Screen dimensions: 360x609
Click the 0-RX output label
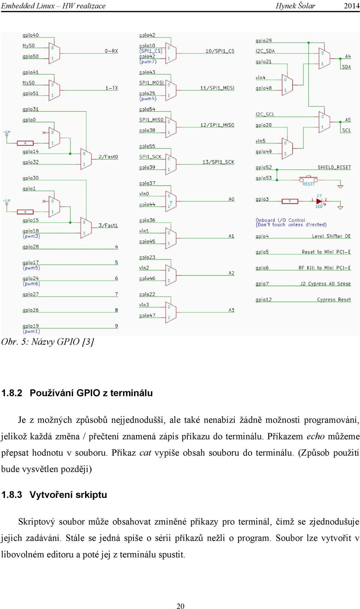[111, 51]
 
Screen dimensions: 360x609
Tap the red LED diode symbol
[319, 201]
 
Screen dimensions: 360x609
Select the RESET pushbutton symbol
[308, 179]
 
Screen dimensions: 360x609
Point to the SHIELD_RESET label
[334, 167]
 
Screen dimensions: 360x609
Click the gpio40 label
[30, 35]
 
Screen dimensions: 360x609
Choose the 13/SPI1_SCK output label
[218, 162]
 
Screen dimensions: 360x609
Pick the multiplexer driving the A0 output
[171, 201]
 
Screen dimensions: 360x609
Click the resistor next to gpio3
[290, 201]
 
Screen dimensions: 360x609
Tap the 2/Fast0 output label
[108, 157]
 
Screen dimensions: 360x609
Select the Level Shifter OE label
[331, 236]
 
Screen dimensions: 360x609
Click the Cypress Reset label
[334, 299]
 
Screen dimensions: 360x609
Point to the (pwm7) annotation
[148, 62]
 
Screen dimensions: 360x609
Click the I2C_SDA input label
[265, 51]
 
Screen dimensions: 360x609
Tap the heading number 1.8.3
[12, 495]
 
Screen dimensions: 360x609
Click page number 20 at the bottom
[180, 606]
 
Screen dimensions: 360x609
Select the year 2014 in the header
[352, 6]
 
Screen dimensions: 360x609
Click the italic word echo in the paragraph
[316, 436]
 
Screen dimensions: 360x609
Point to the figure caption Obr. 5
[48, 342]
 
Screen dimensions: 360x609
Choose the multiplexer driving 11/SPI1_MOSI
[171, 90]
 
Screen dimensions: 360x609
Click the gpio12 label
[264, 300]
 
